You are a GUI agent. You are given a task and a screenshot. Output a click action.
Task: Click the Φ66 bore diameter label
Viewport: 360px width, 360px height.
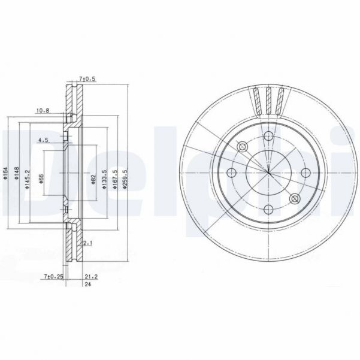[x=41, y=177]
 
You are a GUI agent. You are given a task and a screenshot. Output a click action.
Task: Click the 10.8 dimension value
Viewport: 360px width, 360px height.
[x=42, y=110]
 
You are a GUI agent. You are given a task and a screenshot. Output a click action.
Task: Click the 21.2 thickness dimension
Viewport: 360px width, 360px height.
[x=92, y=276]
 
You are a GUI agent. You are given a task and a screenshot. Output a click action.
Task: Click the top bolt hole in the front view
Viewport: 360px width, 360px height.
[x=268, y=138]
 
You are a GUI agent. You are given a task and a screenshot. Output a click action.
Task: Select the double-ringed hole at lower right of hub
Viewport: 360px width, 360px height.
[x=294, y=199]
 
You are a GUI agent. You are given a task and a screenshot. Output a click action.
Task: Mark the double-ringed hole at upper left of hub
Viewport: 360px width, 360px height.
[x=243, y=147]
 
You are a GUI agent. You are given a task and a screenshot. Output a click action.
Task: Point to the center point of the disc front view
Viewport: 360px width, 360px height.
[x=268, y=173]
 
